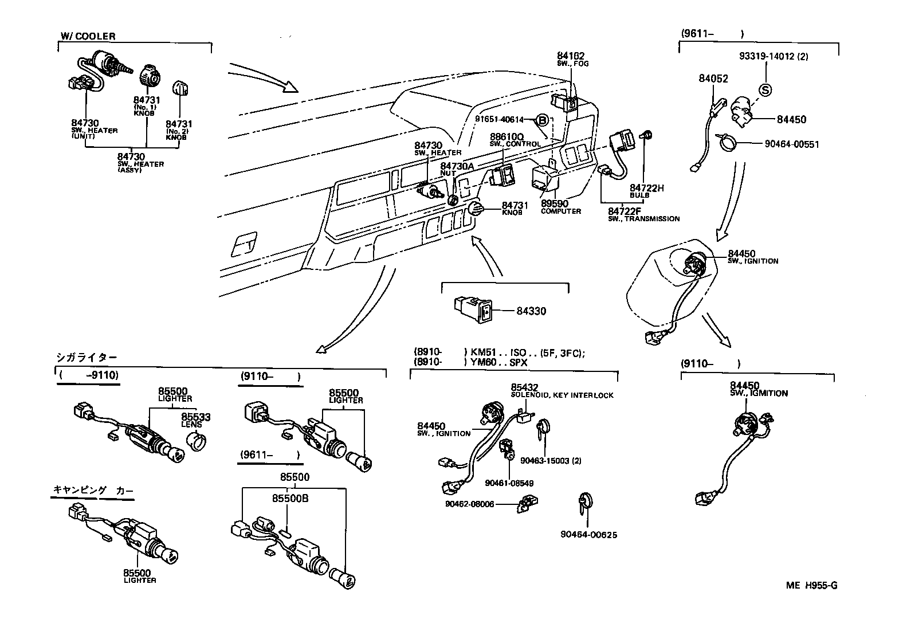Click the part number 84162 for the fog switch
pyautogui.click(x=570, y=56)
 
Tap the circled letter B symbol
pyautogui.click(x=543, y=120)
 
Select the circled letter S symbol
pyautogui.click(x=765, y=89)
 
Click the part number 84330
pyautogui.click(x=531, y=311)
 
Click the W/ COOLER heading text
pyautogui.click(x=88, y=36)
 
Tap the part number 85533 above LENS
pyautogui.click(x=196, y=417)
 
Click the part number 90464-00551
pyautogui.click(x=791, y=144)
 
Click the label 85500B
pyautogui.click(x=290, y=499)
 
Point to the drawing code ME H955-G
pyautogui.click(x=811, y=585)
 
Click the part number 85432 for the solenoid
pyautogui.click(x=524, y=387)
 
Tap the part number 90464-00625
pyautogui.click(x=588, y=535)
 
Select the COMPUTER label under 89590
pyautogui.click(x=560, y=211)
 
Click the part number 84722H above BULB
pyautogui.click(x=646, y=188)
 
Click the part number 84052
pyautogui.click(x=713, y=79)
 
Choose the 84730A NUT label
pyautogui.click(x=457, y=166)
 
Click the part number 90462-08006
pyautogui.click(x=469, y=504)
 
